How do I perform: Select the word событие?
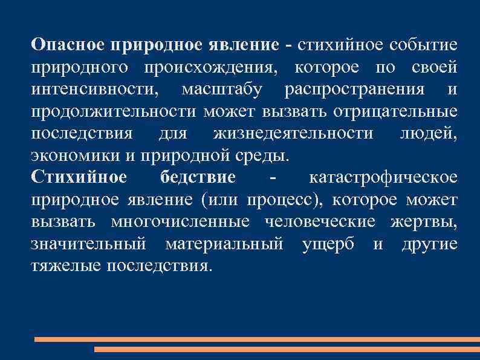click(x=424, y=45)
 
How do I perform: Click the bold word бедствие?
click(x=198, y=177)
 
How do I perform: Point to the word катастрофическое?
click(x=383, y=177)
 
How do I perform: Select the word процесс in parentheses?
click(x=292, y=199)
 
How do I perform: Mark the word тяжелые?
click(x=66, y=265)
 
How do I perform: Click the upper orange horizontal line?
click(x=256, y=339)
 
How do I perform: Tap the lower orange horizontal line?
click(x=287, y=350)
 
